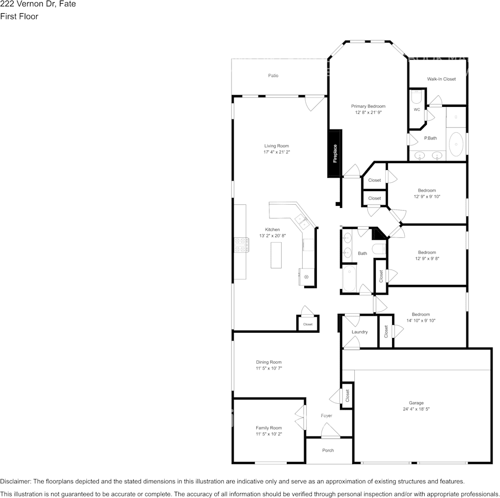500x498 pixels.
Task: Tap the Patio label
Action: [273, 76]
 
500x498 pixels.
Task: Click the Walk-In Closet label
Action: [441, 79]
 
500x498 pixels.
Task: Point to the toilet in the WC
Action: [416, 97]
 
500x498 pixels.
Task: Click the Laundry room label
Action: [359, 332]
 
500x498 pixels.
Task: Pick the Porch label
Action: [327, 450]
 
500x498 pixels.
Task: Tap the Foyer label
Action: [326, 416]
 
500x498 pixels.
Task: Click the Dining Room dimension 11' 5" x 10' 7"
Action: [269, 368]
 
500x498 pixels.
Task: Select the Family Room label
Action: [268, 428]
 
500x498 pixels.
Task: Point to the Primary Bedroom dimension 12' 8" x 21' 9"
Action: [368, 112]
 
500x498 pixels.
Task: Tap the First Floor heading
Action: [19, 16]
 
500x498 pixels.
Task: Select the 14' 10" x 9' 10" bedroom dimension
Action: [421, 321]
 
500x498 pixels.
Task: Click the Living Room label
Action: [276, 146]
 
